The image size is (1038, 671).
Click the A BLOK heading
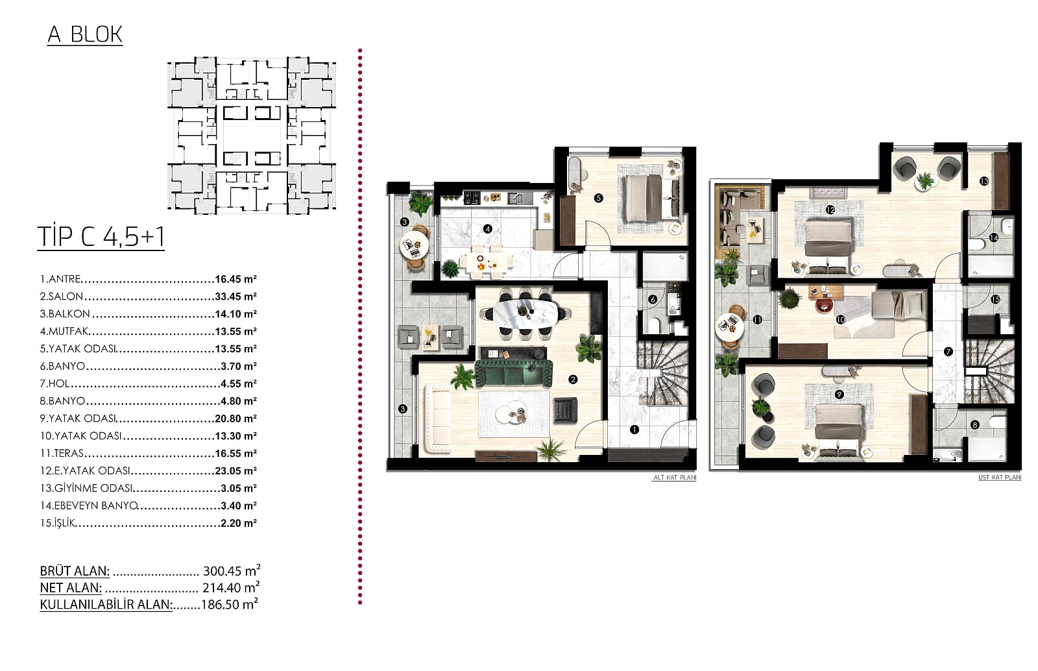click(85, 35)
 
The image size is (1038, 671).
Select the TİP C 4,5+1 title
click(101, 237)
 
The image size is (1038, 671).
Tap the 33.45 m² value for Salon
click(236, 297)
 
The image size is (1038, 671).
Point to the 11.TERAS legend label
click(62, 453)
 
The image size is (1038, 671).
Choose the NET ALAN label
click(71, 588)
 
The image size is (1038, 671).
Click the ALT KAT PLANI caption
click(675, 478)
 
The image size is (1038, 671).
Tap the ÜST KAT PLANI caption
click(1000, 478)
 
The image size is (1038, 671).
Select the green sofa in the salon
click(514, 374)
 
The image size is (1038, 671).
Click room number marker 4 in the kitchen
click(487, 228)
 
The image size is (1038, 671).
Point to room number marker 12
click(830, 210)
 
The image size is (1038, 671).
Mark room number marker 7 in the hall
click(948, 352)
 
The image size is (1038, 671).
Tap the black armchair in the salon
click(565, 411)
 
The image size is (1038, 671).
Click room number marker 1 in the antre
click(634, 430)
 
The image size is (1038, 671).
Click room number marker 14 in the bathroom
click(993, 238)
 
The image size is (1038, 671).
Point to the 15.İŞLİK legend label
click(58, 523)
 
